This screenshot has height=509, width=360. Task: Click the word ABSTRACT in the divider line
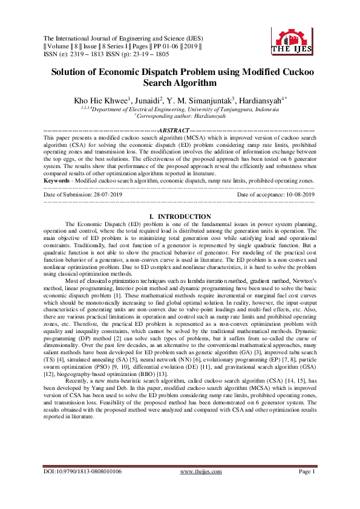tap(173, 130)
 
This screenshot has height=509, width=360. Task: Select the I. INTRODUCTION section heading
tap(180, 216)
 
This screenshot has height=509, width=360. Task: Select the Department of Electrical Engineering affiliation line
tap(180, 109)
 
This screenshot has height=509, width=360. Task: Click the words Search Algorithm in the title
tap(180, 83)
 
